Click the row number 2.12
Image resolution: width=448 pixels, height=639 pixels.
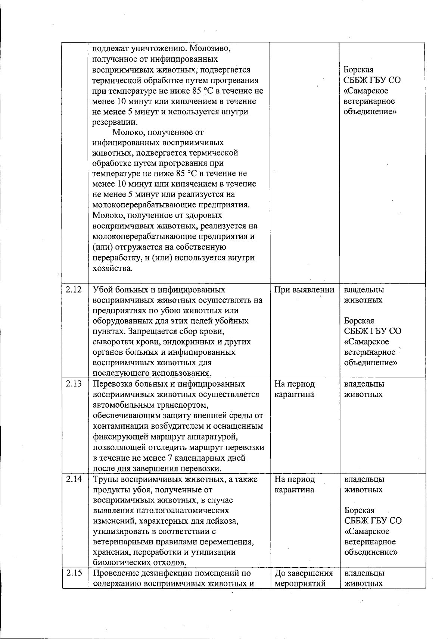(x=74, y=289)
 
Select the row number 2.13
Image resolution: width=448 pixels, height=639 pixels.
(x=74, y=384)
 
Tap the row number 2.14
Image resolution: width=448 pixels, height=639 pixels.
(x=74, y=479)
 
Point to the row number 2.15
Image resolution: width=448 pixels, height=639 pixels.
(x=74, y=573)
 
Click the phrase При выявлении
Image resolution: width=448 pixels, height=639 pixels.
(x=304, y=290)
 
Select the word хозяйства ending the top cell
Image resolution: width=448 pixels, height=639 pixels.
(x=112, y=268)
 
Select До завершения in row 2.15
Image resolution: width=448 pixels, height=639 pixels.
(x=303, y=573)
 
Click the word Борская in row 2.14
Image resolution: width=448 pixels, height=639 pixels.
(x=359, y=510)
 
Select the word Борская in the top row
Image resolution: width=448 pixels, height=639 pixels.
(x=358, y=70)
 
